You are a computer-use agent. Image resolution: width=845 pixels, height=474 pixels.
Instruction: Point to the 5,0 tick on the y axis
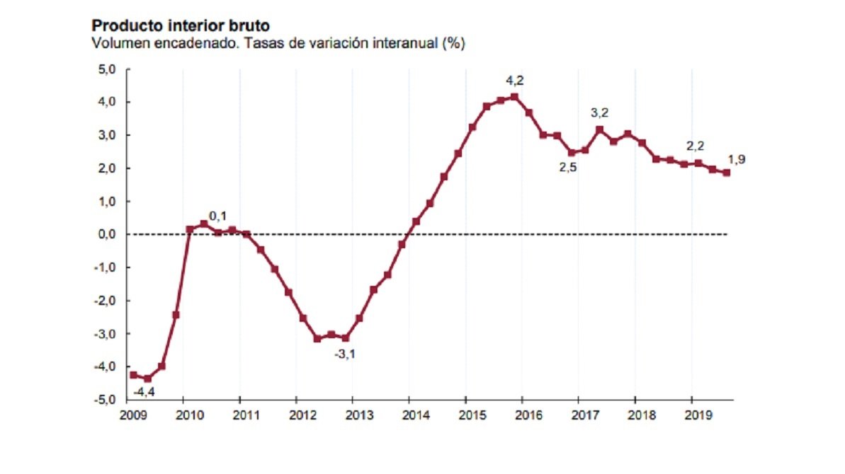click(107, 69)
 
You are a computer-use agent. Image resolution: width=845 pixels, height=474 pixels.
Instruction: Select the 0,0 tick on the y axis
click(107, 234)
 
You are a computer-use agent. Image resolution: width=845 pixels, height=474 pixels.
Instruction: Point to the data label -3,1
click(344, 353)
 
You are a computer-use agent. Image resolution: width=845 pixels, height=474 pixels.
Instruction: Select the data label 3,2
click(599, 112)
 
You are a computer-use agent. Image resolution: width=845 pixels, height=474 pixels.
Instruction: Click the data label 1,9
click(737, 160)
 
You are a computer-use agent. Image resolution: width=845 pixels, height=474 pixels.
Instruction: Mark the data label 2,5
click(569, 168)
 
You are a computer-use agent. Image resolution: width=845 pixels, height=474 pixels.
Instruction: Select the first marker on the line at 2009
click(133, 375)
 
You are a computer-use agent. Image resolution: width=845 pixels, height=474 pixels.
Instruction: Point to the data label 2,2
click(695, 146)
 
